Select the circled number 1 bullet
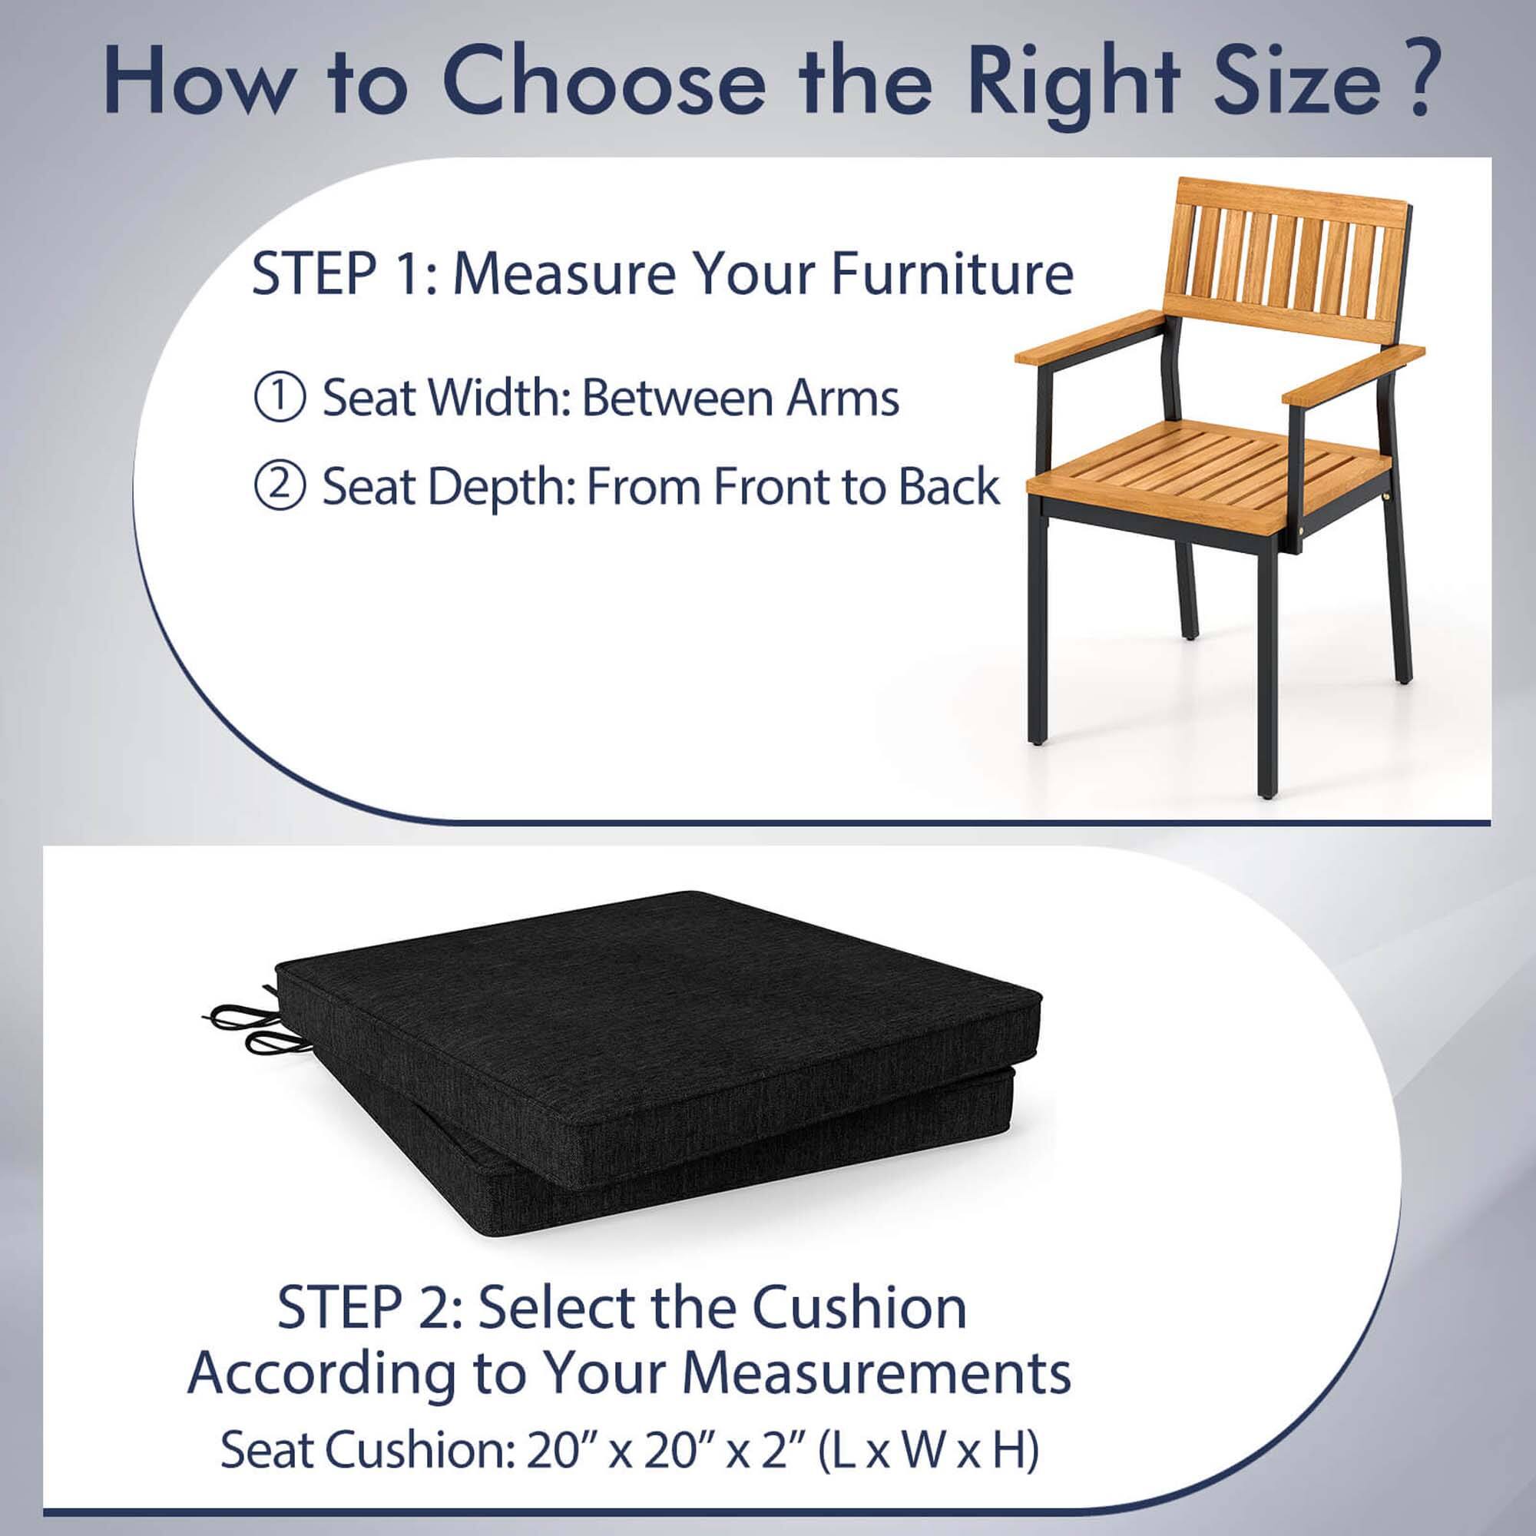click(x=280, y=398)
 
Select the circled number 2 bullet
click(x=280, y=488)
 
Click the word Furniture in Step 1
click(x=952, y=273)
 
